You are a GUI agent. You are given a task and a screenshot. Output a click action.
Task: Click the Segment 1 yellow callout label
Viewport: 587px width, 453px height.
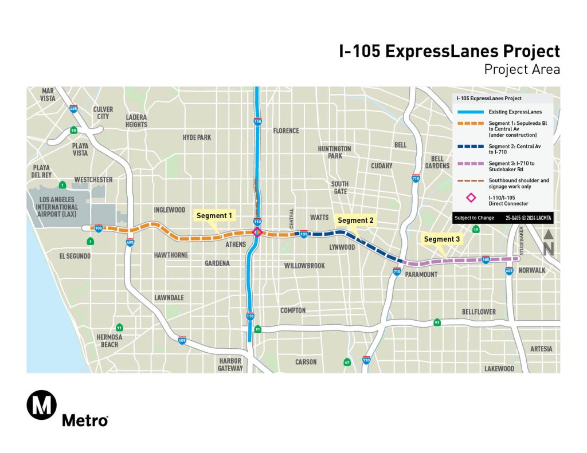pos(214,216)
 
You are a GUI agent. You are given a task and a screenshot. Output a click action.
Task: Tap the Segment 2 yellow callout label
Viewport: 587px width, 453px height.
pos(355,220)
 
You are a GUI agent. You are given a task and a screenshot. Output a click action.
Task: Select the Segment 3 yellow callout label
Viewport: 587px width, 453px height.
pos(441,239)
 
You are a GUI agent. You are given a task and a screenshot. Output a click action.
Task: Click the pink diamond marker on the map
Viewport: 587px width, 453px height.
pos(257,232)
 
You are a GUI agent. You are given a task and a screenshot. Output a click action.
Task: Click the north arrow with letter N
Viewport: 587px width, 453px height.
pos(548,242)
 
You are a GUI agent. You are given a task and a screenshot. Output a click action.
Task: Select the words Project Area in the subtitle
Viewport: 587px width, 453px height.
pos(522,70)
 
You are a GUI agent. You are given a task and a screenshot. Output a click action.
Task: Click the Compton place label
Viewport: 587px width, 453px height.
pos(292,310)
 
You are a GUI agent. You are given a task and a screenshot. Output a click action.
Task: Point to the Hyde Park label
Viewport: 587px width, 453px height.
pos(197,137)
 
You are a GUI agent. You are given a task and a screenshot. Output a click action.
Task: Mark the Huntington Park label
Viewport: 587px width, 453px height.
pos(334,152)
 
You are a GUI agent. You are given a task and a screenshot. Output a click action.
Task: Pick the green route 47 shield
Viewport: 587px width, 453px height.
pos(347,362)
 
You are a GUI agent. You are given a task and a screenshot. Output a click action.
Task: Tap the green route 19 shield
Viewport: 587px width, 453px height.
pos(476,230)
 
